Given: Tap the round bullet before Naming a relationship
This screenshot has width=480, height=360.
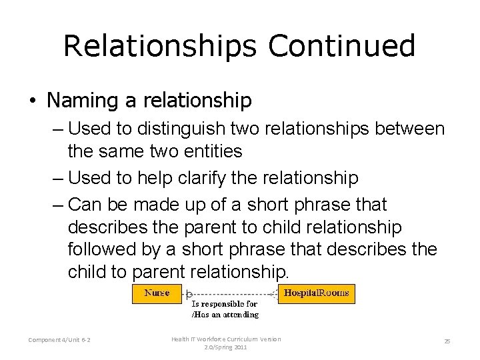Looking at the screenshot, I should [x=33, y=101].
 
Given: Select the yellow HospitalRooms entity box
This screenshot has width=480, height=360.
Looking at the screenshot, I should [x=316, y=293].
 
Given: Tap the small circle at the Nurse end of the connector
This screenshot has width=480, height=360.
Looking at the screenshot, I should [x=189, y=293].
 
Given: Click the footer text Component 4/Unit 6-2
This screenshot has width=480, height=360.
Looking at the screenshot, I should [x=60, y=340].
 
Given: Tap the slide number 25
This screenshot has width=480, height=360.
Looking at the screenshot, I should [x=447, y=341].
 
